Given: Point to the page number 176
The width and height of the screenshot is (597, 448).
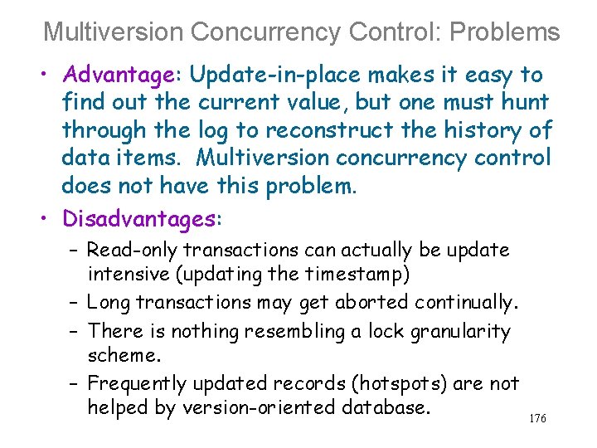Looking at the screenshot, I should pyautogui.click(x=537, y=419).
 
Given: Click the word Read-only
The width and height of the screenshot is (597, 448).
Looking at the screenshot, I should pyautogui.click(x=132, y=250).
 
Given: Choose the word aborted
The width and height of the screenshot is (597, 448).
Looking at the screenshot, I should pyautogui.click(x=371, y=303).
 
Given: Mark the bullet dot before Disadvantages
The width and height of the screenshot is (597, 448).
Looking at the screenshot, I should pyautogui.click(x=51, y=219).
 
